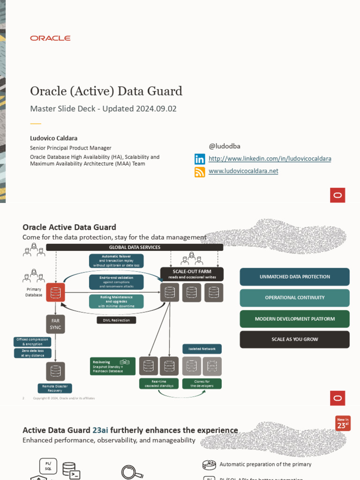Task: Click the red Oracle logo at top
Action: pyautogui.click(x=50, y=38)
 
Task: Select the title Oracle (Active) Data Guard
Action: pyautogui.click(x=106, y=91)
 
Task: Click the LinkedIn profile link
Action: pyautogui.click(x=270, y=159)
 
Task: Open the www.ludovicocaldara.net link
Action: pyautogui.click(x=243, y=171)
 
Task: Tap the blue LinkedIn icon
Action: pyautogui.click(x=200, y=159)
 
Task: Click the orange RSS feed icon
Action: pyautogui.click(x=200, y=172)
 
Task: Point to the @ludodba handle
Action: pyautogui.click(x=224, y=146)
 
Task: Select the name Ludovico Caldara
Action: pyautogui.click(x=53, y=139)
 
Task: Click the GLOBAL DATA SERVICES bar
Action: pyautogui.click(x=135, y=247)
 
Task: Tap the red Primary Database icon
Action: pyautogui.click(x=55, y=292)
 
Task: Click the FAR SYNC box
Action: pyautogui.click(x=55, y=324)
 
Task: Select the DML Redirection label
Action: pyautogui.click(x=116, y=320)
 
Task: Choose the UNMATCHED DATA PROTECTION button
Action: pyautogui.click(x=294, y=277)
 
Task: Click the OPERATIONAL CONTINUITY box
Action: pyautogui.click(x=294, y=298)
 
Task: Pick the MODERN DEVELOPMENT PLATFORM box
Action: pyautogui.click(x=294, y=319)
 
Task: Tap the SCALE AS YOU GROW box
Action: pyautogui.click(x=294, y=339)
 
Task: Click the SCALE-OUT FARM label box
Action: pyautogui.click(x=192, y=274)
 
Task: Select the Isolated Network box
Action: pyautogui.click(x=202, y=349)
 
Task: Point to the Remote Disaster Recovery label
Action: pyautogui.click(x=55, y=388)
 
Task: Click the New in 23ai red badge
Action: pyautogui.click(x=343, y=423)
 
